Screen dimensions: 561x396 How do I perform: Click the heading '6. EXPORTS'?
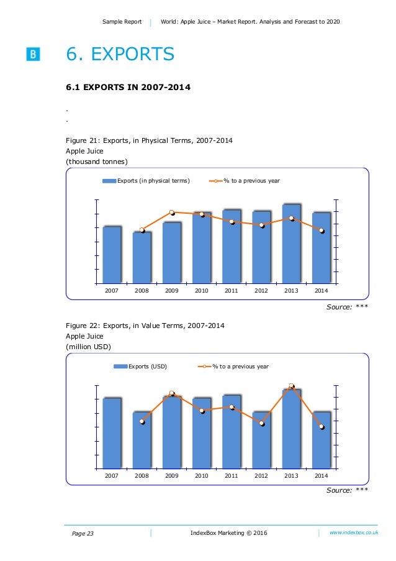pos(120,55)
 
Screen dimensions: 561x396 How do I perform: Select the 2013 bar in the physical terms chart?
pos(292,244)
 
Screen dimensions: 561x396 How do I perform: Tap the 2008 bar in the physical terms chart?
pos(142,257)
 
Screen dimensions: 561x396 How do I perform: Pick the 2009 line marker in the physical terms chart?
pos(172,213)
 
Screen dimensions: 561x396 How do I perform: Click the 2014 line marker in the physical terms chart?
pos(322,230)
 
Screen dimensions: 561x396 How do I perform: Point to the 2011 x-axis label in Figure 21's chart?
pos(232,290)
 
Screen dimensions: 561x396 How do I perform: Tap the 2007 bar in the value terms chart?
pos(112,433)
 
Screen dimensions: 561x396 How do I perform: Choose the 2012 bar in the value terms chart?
pos(261,440)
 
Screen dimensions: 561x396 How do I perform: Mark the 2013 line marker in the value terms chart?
pos(292,386)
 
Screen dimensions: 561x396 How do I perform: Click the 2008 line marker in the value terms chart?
pos(142,422)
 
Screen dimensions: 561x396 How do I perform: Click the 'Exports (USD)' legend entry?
pos(147,367)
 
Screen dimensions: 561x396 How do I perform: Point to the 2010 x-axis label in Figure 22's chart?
pos(202,476)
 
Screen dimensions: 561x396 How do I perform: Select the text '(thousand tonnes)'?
pos(96,162)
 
